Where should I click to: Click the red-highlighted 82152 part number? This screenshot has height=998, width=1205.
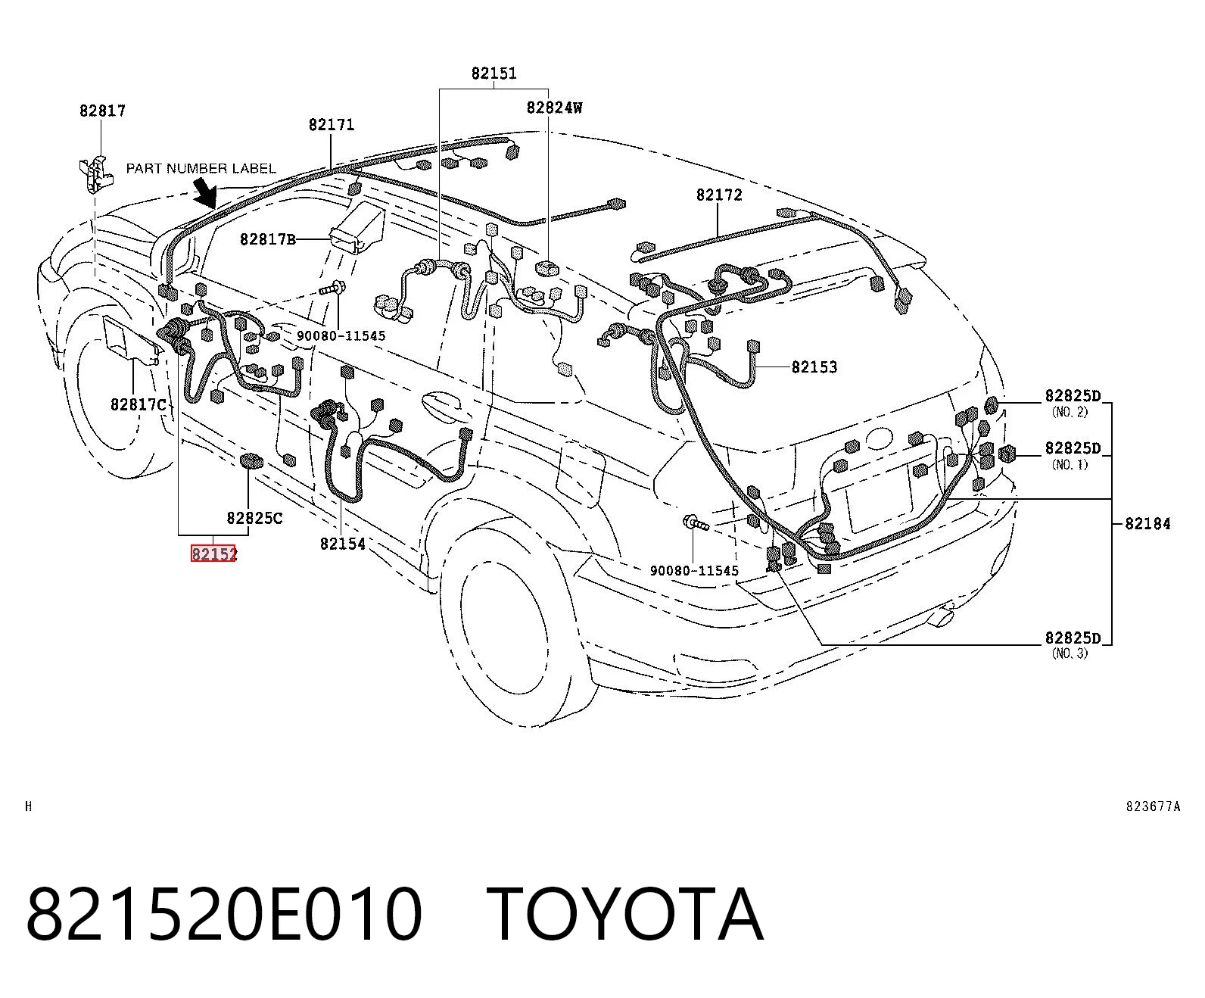coord(214,554)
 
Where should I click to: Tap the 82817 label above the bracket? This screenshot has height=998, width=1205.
coord(102,111)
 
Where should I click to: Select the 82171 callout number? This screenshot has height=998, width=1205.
coord(332,125)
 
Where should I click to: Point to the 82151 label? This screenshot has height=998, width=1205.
coord(494,73)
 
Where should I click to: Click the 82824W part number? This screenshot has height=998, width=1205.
coord(554,108)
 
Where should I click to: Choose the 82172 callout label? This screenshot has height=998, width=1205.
coord(719,195)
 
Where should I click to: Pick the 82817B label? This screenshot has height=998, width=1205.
coord(268,239)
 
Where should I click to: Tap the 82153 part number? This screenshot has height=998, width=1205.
coord(814,366)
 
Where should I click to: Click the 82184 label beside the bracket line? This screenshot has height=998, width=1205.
coord(1147,524)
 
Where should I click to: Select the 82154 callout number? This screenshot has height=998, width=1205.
coord(343,544)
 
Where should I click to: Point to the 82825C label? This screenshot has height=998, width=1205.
coord(254,518)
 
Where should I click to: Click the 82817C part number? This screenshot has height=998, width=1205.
coord(139,405)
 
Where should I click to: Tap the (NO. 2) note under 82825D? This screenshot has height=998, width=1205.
coord(1070,412)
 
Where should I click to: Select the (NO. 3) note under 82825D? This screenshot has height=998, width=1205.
coord(1070,653)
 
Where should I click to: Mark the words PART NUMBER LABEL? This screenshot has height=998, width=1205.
coord(201,168)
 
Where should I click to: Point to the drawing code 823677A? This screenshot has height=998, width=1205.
coord(1153,806)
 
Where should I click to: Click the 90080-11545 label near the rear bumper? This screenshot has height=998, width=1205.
coord(694,571)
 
